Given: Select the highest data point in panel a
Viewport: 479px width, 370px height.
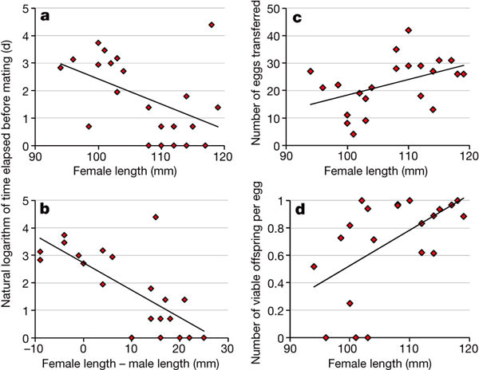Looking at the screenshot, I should [212, 25].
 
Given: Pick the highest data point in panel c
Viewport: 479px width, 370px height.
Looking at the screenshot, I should [409, 30].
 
